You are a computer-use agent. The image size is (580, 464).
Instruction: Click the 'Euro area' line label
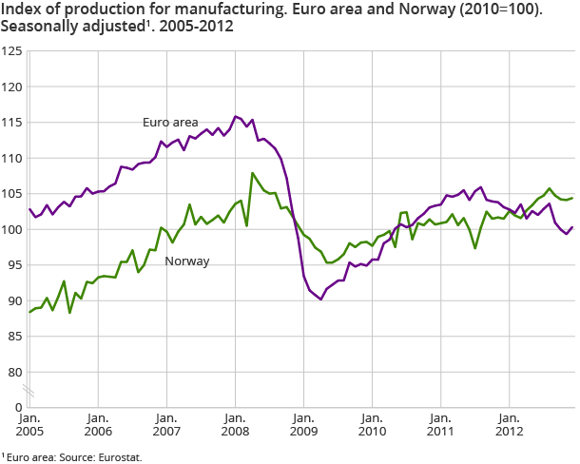pyautogui.click(x=171, y=123)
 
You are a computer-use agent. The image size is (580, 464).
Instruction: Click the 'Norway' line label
pyautogui.click(x=187, y=260)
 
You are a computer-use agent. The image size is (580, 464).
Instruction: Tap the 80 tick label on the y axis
pyautogui.click(x=14, y=372)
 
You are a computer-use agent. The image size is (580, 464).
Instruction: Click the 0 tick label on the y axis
pyautogui.click(x=17, y=407)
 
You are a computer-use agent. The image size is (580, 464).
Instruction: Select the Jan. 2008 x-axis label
pyautogui.click(x=235, y=424)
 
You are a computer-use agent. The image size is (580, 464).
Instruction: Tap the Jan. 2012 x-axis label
pyautogui.click(x=509, y=424)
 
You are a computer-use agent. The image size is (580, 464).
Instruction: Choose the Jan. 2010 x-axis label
pyautogui.click(x=372, y=424)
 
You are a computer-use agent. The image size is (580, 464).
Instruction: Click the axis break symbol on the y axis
pyautogui.click(x=29, y=391)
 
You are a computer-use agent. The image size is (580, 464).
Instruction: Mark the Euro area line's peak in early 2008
pyautogui.click(x=235, y=116)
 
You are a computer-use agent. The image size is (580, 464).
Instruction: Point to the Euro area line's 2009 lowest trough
pyautogui.click(x=321, y=300)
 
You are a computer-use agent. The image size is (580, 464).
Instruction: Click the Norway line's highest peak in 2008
pyautogui.click(x=253, y=173)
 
